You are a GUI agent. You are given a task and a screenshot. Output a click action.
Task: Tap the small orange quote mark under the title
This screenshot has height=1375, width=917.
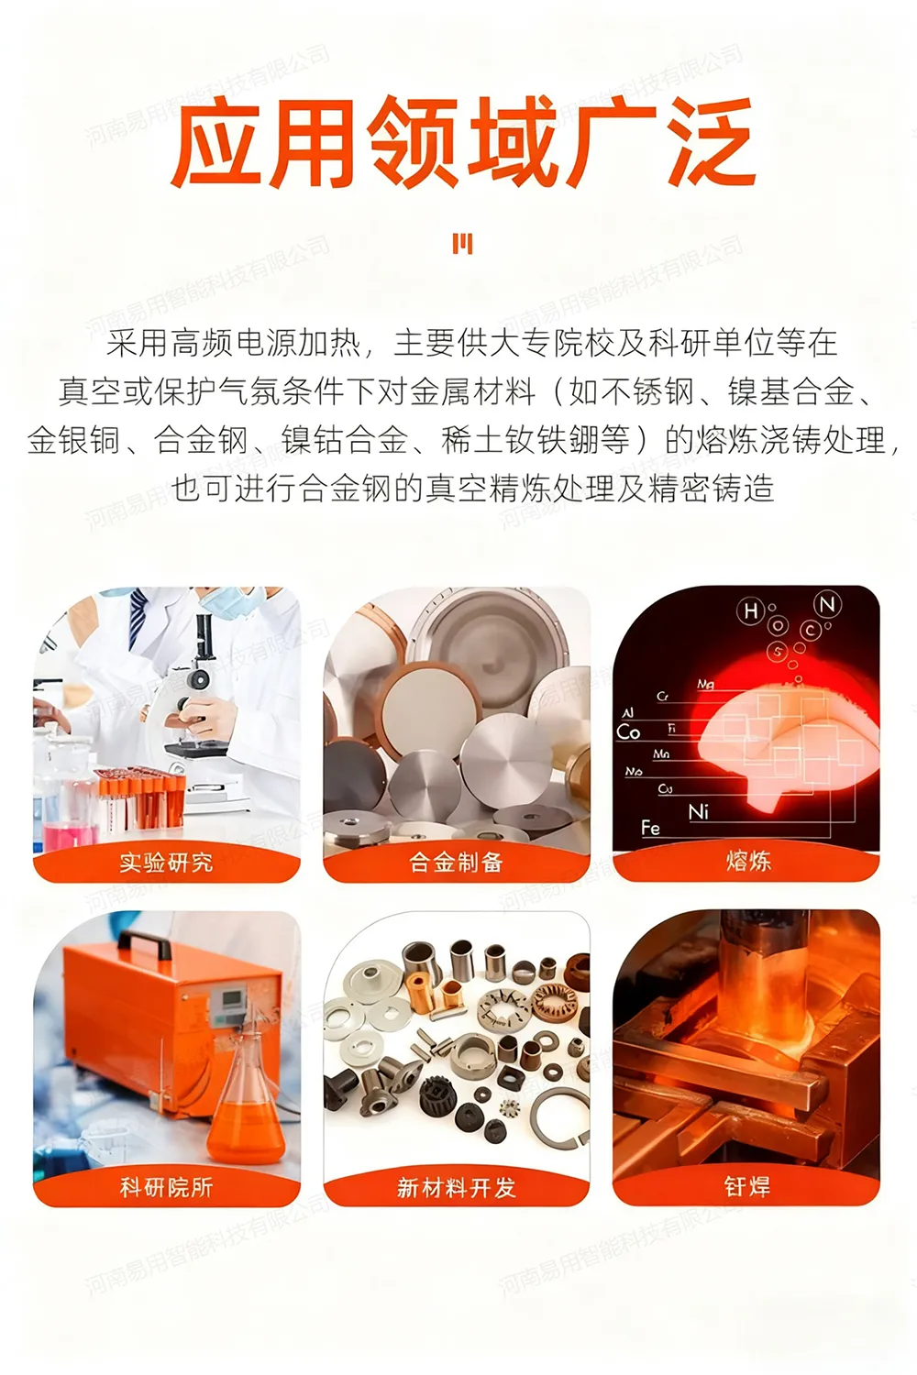coord(462,244)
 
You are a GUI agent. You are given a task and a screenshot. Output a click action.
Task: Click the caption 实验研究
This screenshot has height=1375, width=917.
coord(166,863)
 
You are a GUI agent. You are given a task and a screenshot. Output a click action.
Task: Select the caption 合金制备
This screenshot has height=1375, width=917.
coord(456,863)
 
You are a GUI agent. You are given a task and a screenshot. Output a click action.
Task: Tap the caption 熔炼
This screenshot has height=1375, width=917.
coord(747,861)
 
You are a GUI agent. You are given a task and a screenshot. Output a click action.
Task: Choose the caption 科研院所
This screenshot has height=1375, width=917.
coord(166,1187)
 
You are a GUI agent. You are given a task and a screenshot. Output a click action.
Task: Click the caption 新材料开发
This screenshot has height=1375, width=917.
coord(456,1188)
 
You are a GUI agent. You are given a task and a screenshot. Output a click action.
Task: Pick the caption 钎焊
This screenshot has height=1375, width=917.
coord(746,1187)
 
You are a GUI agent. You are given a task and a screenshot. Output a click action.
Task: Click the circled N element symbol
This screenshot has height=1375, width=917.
coord(827,604)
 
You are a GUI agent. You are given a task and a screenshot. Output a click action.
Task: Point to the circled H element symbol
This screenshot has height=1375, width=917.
coord(751,611)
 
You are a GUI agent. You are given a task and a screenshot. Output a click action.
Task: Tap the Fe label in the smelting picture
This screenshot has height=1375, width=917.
coord(650,828)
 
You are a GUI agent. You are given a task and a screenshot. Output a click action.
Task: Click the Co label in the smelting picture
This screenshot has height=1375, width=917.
coord(628,731)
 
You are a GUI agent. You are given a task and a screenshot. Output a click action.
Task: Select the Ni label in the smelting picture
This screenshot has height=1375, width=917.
coord(699,811)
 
